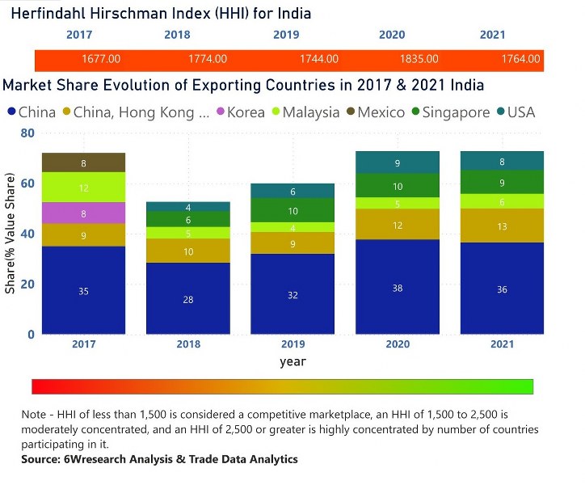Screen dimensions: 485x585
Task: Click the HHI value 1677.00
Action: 101,60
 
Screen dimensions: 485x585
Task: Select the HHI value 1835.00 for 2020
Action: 419,60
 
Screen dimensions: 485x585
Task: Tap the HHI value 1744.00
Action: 318,60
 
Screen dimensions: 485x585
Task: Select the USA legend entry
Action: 520,112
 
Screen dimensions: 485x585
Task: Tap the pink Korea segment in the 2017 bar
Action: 84,213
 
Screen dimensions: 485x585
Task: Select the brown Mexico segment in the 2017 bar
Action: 84,162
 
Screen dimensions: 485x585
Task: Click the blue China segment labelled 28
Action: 188,298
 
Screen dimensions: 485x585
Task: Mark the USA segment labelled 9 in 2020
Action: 397,162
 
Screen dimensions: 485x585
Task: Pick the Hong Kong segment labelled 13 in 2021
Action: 502,226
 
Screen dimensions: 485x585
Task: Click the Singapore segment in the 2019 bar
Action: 292,210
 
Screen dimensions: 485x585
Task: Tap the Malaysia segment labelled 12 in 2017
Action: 84,188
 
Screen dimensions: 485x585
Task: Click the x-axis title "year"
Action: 292,361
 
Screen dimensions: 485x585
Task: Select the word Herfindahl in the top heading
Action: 48,14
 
